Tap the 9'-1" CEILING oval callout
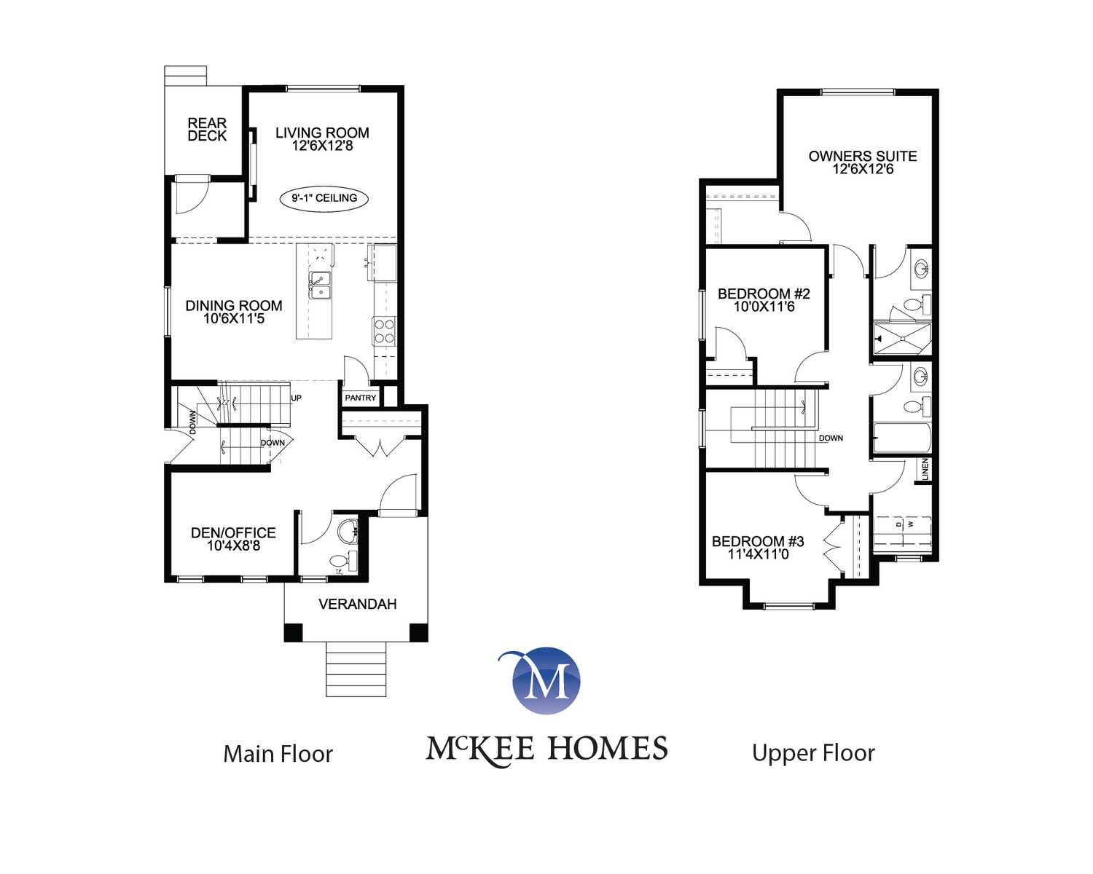coord(324,198)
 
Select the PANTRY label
coord(361,398)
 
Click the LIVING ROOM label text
coord(322,133)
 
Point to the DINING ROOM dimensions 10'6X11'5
coord(234,319)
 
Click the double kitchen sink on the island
coord(320,286)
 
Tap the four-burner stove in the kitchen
coord(385,331)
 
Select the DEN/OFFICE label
coord(233,532)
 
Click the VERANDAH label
coord(358,605)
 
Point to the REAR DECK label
coord(207,130)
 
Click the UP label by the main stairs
coord(296,398)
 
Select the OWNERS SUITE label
coord(863,157)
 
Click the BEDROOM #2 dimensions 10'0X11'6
coord(764,307)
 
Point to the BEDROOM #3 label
coord(758,541)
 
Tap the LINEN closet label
coord(925,469)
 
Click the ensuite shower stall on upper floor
coord(902,339)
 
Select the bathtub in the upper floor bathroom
coord(902,438)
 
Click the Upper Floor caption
coord(814,753)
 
